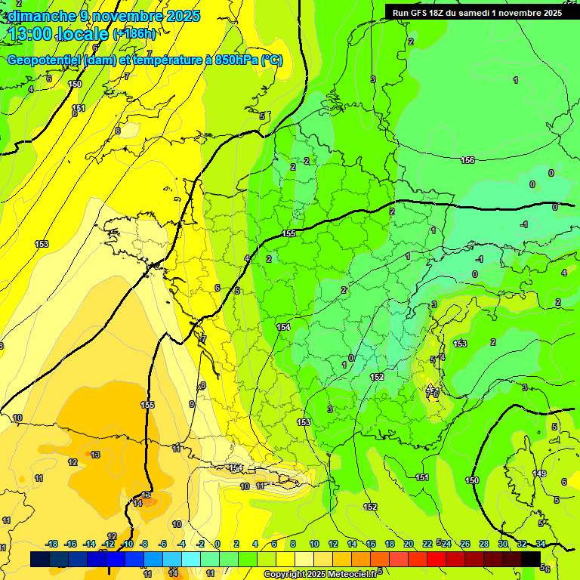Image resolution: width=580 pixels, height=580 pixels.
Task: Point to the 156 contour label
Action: pyautogui.click(x=467, y=159)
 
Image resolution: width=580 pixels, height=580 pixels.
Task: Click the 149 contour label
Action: pyautogui.click(x=539, y=474)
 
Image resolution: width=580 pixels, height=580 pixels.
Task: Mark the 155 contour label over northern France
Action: pyautogui.click(x=288, y=234)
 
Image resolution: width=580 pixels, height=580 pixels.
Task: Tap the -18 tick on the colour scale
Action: pyautogui.click(x=51, y=544)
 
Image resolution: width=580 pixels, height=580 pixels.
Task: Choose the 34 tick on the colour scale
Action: pyautogui.click(x=540, y=544)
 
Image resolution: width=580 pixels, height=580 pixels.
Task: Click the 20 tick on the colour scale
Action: pyautogui.click(x=408, y=544)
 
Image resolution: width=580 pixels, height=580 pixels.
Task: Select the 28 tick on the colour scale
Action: pyautogui.click(x=483, y=544)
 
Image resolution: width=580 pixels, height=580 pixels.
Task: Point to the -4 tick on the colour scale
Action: pyautogui.click(x=182, y=544)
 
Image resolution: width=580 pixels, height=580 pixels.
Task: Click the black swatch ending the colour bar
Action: pyautogui.click(x=531, y=559)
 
